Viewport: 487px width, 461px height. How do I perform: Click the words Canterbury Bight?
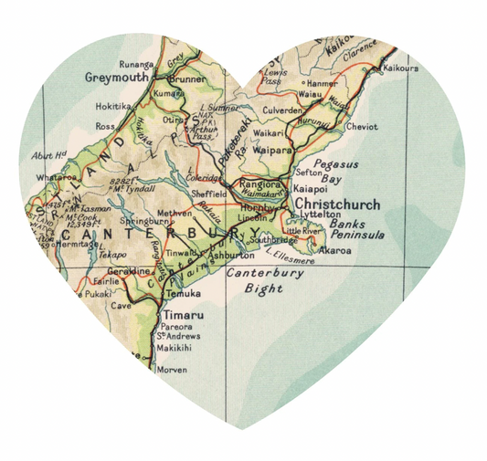pos(259,281)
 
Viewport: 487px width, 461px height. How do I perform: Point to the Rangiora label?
pos(258,183)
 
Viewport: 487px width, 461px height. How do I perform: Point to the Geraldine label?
pos(127,271)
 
